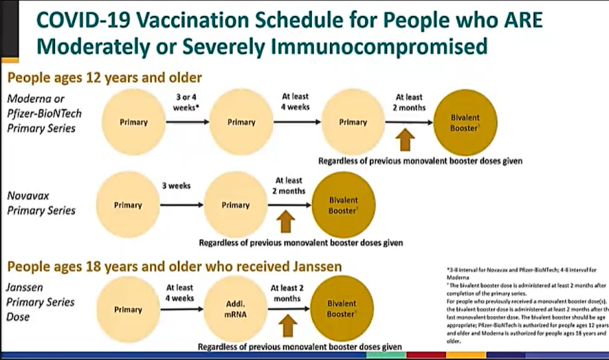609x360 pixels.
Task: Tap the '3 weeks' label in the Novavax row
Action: (x=177, y=185)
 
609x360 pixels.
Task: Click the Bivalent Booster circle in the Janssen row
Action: (x=342, y=308)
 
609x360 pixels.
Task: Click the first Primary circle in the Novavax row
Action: (x=128, y=205)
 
